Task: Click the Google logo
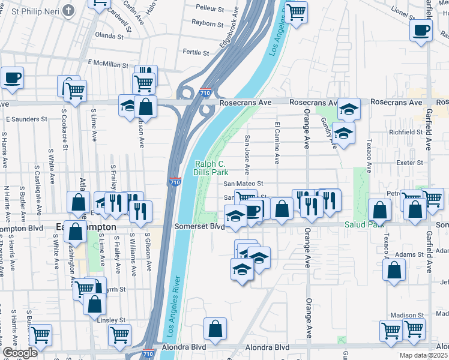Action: [x=20, y=353]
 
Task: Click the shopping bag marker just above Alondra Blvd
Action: [x=215, y=329]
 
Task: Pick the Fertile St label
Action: [x=196, y=52]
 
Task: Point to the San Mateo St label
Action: [x=244, y=184]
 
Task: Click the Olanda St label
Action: [x=109, y=36]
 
